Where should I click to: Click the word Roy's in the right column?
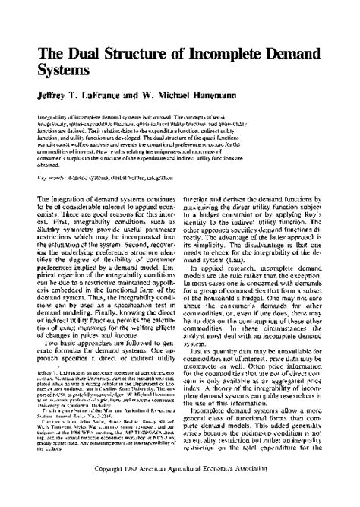click(306, 217)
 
